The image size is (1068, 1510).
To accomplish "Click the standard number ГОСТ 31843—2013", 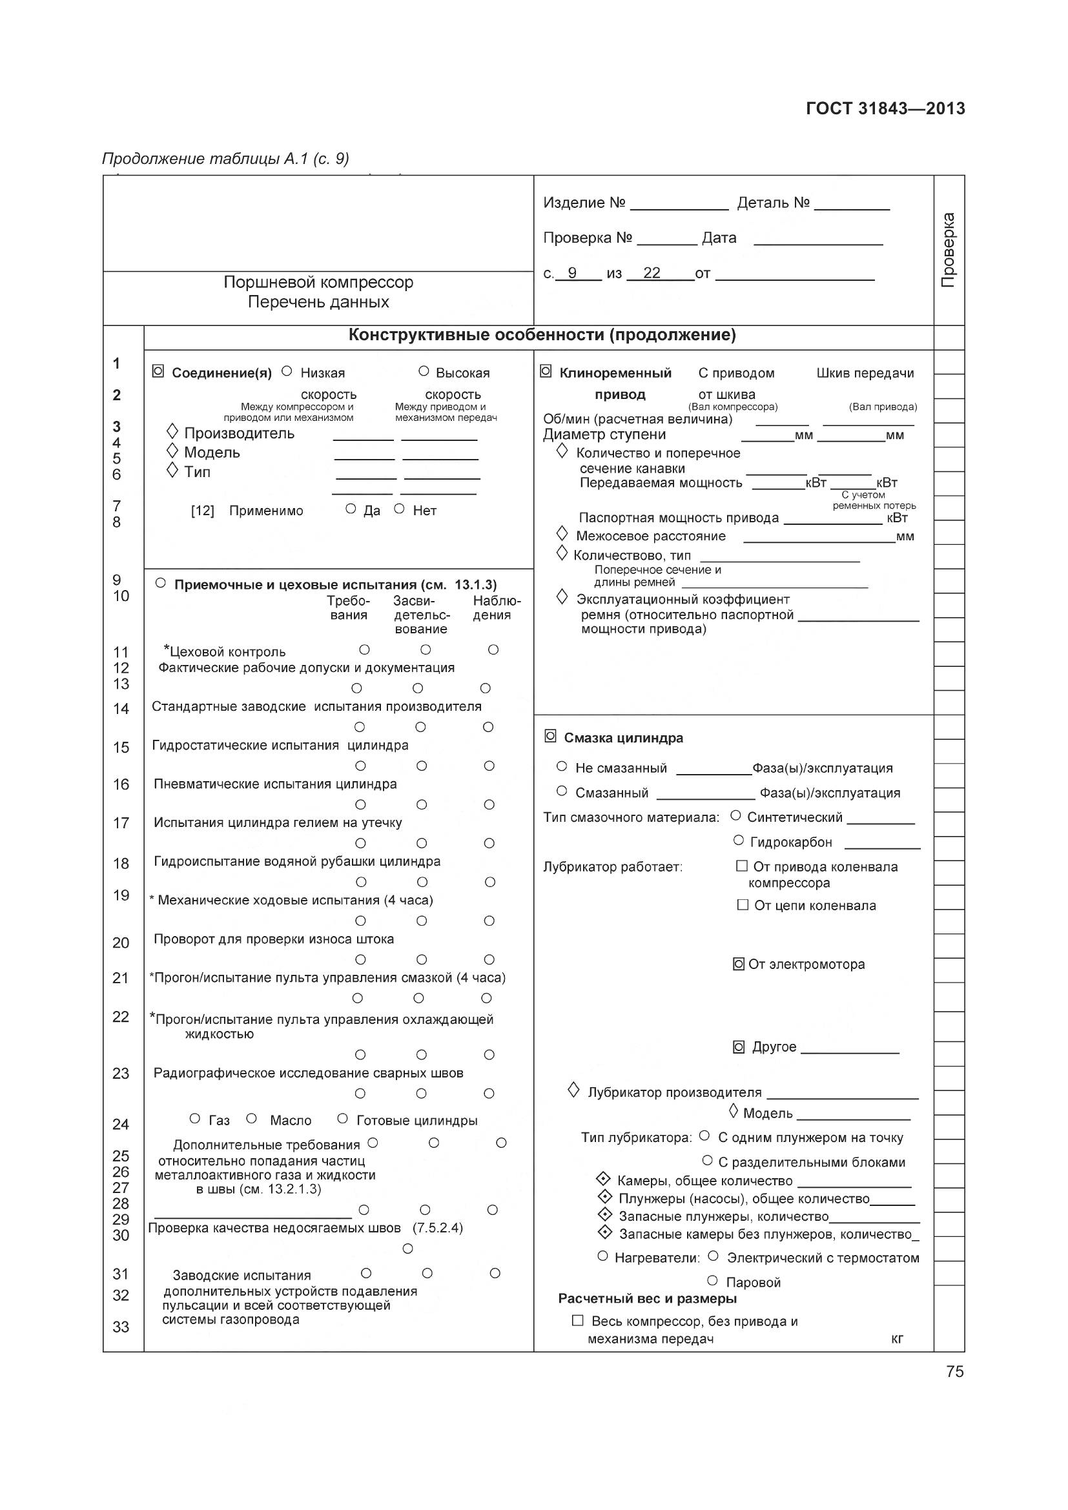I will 885,108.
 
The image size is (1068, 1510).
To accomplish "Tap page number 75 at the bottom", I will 955,1371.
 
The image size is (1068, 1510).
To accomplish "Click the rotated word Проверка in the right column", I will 949,250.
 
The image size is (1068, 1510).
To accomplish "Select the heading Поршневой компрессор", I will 318,282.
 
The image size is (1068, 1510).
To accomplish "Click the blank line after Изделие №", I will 679,204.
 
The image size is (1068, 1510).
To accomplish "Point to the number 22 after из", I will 652,273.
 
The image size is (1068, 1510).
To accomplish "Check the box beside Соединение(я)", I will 158,372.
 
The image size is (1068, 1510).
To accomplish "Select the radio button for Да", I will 351,508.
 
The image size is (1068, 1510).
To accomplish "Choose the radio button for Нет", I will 399,508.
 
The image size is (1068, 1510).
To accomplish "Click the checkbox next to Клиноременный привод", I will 545,372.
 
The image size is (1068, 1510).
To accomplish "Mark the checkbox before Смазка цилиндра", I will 550,737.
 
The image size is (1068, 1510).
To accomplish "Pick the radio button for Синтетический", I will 736,815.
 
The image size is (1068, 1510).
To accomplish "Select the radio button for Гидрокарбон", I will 739,841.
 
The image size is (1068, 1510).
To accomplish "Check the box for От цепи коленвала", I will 743,905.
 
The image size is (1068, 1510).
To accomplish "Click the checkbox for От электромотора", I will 739,964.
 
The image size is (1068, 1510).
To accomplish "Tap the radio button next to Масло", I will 251,1118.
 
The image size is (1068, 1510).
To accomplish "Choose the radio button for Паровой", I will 712,1280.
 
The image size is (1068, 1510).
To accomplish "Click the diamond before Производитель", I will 172,431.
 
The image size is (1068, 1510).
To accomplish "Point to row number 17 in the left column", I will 121,822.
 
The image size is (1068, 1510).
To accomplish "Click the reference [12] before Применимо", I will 203,511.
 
